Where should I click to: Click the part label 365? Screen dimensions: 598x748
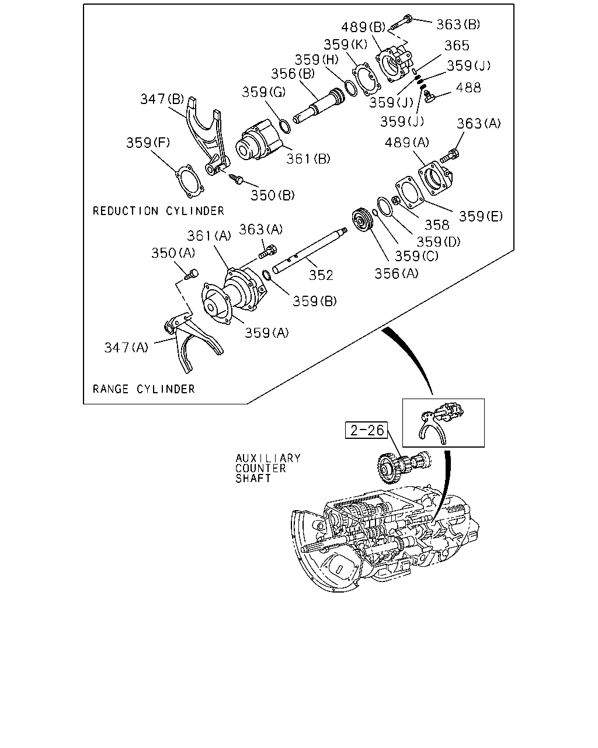coord(457,46)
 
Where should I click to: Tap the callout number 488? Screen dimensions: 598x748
coord(468,88)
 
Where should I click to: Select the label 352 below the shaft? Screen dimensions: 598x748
coord(321,275)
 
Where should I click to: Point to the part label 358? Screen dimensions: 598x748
coord(437,225)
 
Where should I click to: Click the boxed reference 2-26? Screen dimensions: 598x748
coord(366,430)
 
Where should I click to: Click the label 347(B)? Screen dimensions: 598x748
coord(162,99)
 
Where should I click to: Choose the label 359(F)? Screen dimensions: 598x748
coord(148,143)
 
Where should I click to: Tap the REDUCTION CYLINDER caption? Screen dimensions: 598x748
coord(158,211)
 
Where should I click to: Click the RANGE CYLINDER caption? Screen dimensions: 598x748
coord(144,389)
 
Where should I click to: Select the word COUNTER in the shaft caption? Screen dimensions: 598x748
coord(260,468)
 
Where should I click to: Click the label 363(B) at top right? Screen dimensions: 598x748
coord(458,25)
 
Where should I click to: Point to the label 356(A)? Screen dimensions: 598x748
coord(396,273)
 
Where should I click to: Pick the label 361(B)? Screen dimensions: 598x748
coord(308,159)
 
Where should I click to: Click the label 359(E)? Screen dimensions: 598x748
coord(481,216)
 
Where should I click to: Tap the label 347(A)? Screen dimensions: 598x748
coord(126,347)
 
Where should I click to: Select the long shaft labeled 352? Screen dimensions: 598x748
coord(310,250)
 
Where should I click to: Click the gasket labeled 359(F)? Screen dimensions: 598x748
coord(189,181)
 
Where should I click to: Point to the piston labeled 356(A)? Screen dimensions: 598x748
coord(362,220)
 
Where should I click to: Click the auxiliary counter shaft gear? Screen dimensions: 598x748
coord(403,467)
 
